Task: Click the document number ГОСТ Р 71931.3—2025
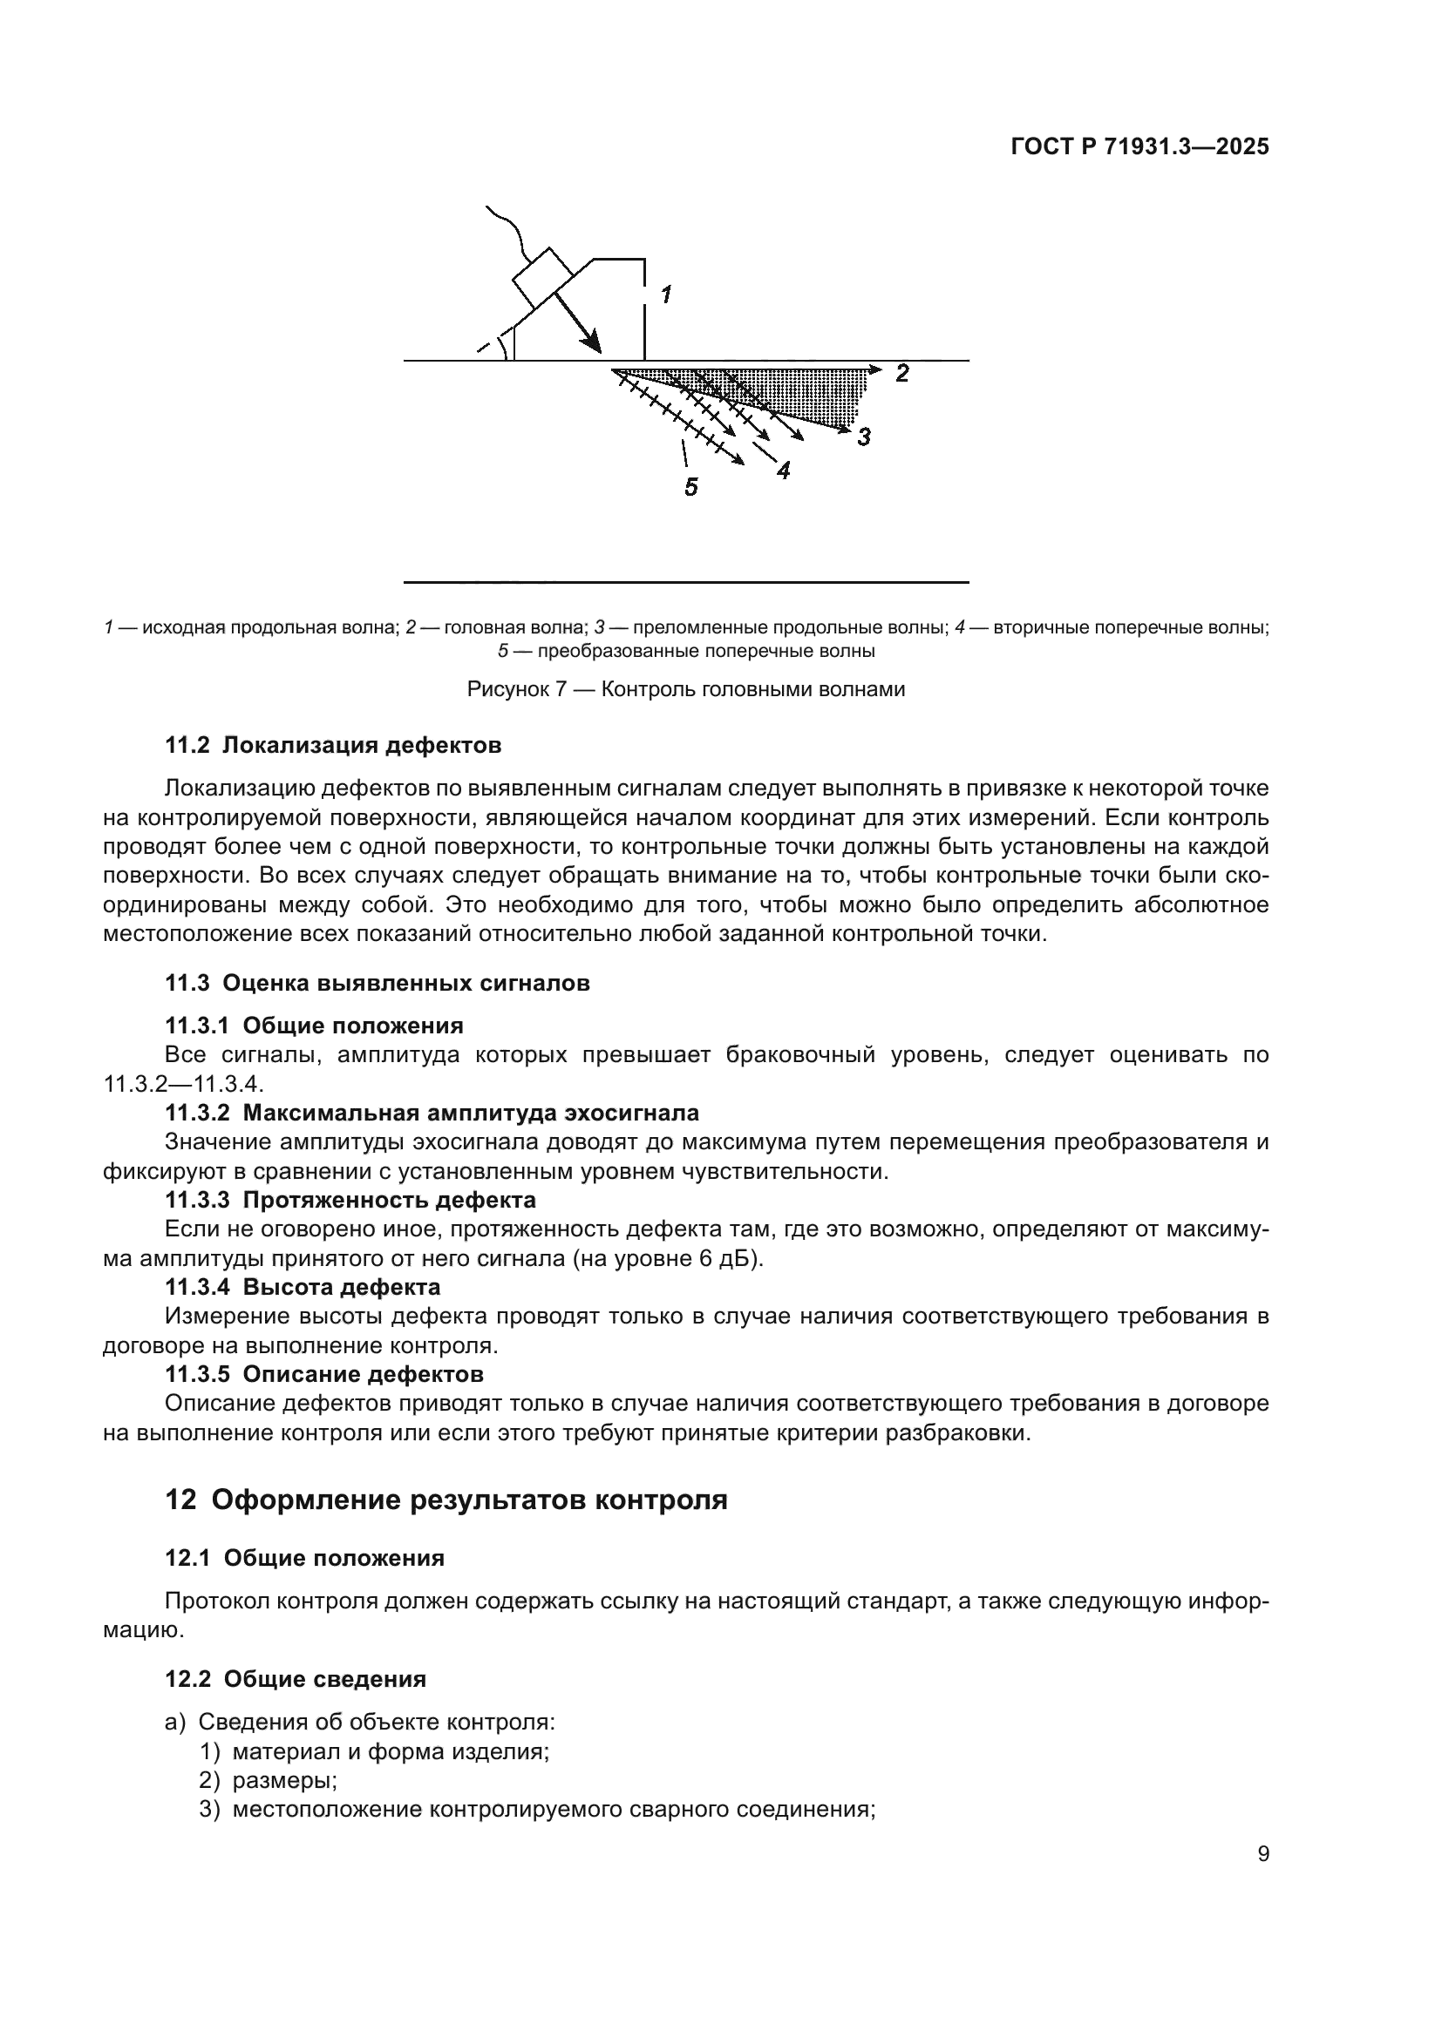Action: click(x=1139, y=147)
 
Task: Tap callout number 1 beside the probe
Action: click(x=665, y=295)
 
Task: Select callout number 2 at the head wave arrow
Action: click(x=902, y=374)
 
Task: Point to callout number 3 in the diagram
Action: click(x=864, y=437)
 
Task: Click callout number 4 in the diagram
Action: click(x=783, y=471)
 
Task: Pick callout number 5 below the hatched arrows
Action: click(x=690, y=486)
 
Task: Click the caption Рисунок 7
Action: click(x=685, y=689)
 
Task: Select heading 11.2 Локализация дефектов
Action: click(x=333, y=745)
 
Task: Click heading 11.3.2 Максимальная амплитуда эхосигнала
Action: click(x=432, y=1112)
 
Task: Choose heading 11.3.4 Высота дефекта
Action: click(x=302, y=1286)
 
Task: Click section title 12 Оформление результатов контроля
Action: click(x=446, y=1500)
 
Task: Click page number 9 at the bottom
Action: click(x=1262, y=1853)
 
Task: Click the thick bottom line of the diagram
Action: click(x=685, y=582)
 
